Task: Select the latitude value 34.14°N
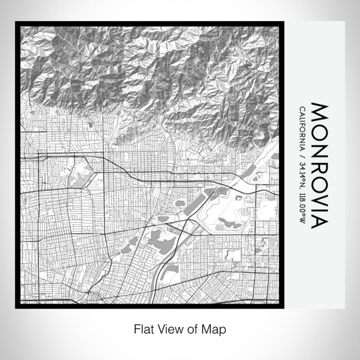click(302, 176)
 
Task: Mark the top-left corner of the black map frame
click(16, 23)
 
